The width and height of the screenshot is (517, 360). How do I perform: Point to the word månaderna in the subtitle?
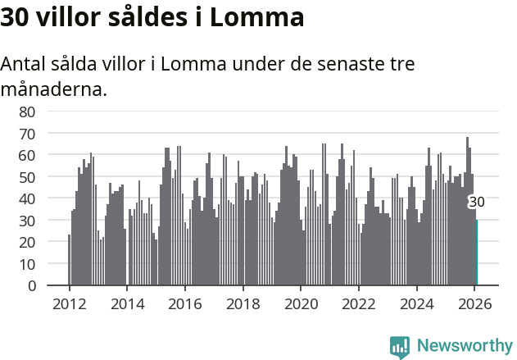pyautogui.click(x=53, y=89)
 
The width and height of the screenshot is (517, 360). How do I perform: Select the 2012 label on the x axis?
pyautogui.click(x=69, y=303)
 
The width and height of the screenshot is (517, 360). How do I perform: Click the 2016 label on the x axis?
pyautogui.click(x=185, y=303)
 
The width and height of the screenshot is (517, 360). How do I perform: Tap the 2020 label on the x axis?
pyautogui.click(x=301, y=303)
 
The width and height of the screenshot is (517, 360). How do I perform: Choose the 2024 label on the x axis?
pyautogui.click(x=417, y=303)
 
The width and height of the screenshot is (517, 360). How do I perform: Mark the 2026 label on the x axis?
pyautogui.click(x=475, y=303)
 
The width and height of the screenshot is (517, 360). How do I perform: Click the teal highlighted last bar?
pyautogui.click(x=477, y=254)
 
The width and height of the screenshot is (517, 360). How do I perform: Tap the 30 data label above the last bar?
pyautogui.click(x=476, y=203)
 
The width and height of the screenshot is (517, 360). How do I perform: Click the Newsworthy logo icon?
pyautogui.click(x=400, y=347)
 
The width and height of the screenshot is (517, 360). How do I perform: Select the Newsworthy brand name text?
pyautogui.click(x=464, y=346)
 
